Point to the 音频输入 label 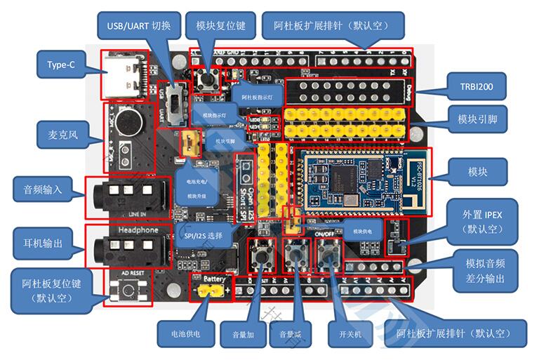[x=43, y=189]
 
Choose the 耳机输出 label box [x=43, y=244]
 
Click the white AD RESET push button [x=128, y=289]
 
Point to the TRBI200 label [x=477, y=88]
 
